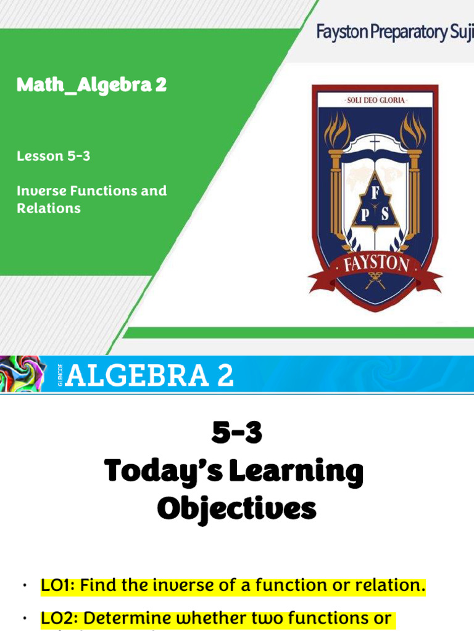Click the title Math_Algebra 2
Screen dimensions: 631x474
[x=91, y=85]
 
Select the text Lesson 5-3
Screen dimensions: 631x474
[x=54, y=157]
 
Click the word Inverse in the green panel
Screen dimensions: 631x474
[x=40, y=191]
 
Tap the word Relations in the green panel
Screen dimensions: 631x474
[x=49, y=208]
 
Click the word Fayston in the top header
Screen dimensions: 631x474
[x=341, y=32]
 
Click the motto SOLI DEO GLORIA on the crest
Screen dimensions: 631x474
[x=375, y=100]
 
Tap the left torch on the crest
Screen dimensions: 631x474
[x=337, y=132]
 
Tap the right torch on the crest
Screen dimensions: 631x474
[x=413, y=132]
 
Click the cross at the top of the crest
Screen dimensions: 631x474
[x=375, y=143]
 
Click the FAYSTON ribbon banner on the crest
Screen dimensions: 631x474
[x=375, y=265]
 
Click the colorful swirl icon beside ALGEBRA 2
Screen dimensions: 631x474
[x=22, y=373]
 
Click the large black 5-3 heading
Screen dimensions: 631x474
[x=236, y=434]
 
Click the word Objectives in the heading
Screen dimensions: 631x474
[x=236, y=510]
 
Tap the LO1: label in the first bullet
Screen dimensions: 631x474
[x=59, y=585]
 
